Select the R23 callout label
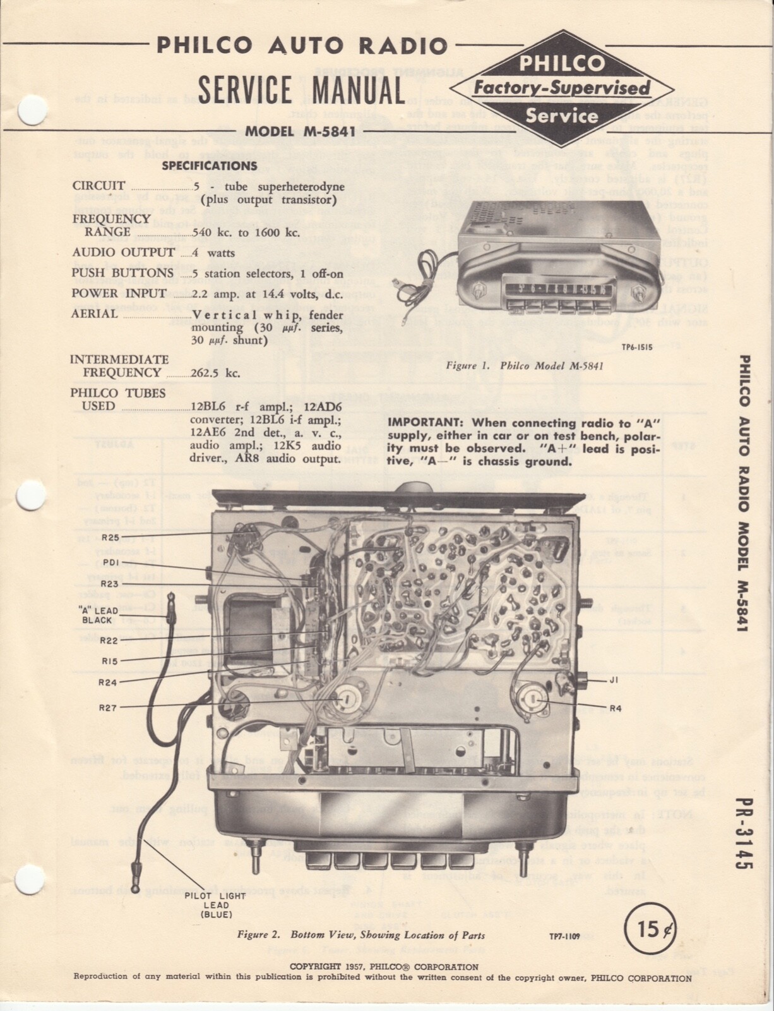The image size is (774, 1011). (x=110, y=584)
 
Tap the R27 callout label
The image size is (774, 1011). (x=108, y=708)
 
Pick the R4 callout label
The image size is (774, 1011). (x=616, y=708)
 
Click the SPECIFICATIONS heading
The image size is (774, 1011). (x=210, y=166)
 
